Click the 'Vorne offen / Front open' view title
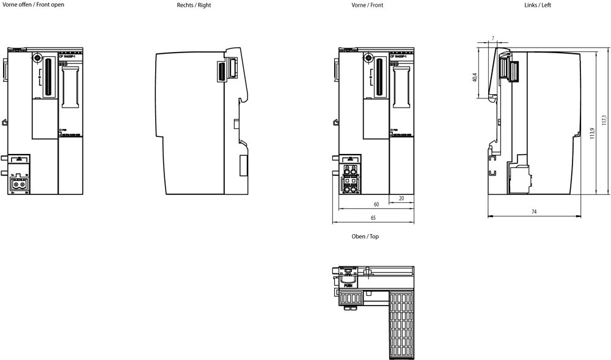click(33, 5)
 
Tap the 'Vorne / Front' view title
click(367, 5)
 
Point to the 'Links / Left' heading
click(538, 5)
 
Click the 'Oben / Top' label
click(365, 237)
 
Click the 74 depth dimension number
click(533, 211)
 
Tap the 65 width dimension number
click(373, 218)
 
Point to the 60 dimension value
click(376, 204)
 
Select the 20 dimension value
click(401, 198)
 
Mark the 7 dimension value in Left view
click(492, 39)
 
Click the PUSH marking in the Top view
click(348, 285)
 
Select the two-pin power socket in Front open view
click(20, 183)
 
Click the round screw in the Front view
click(368, 59)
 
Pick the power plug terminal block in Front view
click(351, 179)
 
